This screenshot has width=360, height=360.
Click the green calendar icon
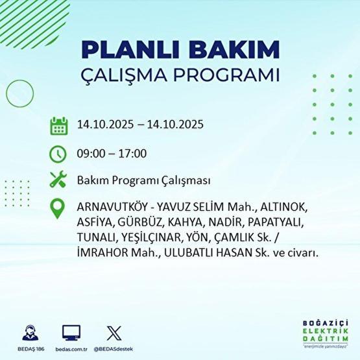[x=59, y=125]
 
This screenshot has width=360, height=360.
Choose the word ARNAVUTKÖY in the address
[x=108, y=208]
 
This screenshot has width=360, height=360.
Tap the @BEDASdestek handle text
[x=114, y=348]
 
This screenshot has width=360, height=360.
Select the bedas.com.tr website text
[x=71, y=348]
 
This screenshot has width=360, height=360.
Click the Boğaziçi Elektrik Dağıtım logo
[x=326, y=336]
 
